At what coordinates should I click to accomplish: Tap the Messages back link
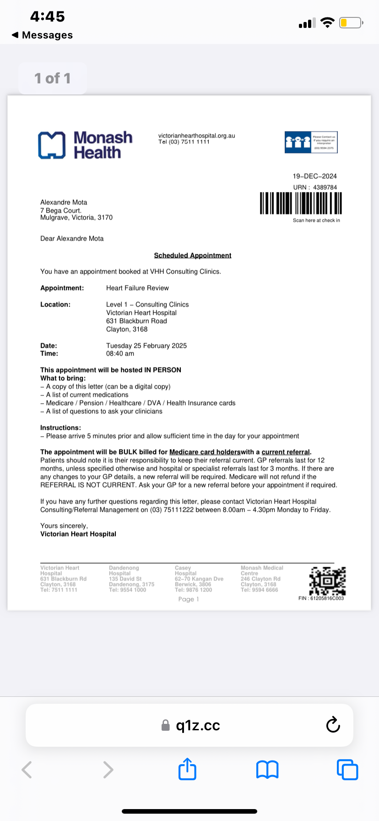click(x=43, y=35)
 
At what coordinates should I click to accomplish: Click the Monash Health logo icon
click(x=52, y=145)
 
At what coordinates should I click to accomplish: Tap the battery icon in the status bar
click(x=351, y=23)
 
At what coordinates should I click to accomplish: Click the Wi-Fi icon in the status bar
click(x=327, y=22)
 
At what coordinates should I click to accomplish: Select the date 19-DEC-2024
click(x=314, y=176)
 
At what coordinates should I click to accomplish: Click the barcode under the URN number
click(x=301, y=203)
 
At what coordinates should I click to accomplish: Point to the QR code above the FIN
click(x=327, y=581)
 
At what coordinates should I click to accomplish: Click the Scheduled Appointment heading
click(x=192, y=255)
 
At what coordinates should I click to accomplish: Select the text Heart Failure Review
click(x=137, y=288)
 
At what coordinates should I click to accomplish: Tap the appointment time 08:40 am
click(x=120, y=354)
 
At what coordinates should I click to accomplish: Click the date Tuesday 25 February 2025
click(x=146, y=345)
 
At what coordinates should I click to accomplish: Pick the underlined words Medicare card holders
click(x=205, y=452)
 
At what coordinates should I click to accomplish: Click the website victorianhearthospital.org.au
click(x=196, y=136)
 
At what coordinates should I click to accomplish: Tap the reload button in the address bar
click(x=333, y=725)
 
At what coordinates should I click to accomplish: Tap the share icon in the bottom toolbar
click(x=187, y=769)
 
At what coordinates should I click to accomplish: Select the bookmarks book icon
click(x=267, y=770)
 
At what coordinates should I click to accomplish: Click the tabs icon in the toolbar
click(x=347, y=770)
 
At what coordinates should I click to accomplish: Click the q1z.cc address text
click(x=198, y=726)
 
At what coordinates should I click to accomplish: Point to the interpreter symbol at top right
click(x=311, y=142)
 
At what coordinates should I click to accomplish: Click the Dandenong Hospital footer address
click(x=131, y=579)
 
